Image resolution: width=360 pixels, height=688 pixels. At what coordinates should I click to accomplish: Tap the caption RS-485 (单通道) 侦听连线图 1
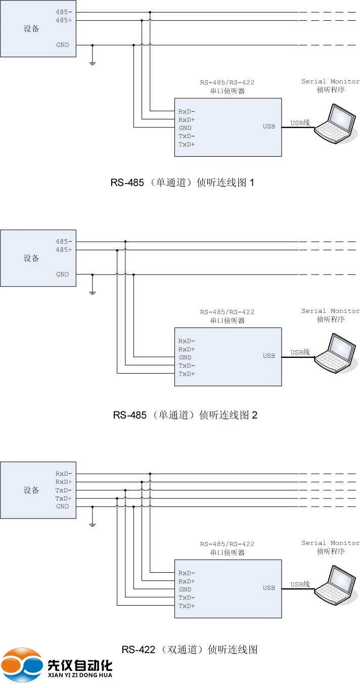(x=182, y=182)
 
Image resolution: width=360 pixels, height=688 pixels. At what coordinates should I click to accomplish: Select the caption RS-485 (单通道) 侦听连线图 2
(x=185, y=415)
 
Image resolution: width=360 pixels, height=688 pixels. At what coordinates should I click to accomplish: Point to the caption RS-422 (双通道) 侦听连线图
(x=190, y=650)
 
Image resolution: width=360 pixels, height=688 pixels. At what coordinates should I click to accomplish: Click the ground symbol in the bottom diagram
(x=93, y=524)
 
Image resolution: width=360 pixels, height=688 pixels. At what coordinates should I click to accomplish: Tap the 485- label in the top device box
(x=64, y=12)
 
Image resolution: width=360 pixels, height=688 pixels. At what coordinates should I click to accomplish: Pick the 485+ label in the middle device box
(x=64, y=250)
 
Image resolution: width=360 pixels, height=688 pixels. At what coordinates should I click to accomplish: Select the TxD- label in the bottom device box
(x=64, y=490)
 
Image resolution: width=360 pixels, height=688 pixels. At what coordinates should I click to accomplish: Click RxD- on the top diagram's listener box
(x=187, y=111)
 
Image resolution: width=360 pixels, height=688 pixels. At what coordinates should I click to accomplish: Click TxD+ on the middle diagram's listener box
(x=187, y=374)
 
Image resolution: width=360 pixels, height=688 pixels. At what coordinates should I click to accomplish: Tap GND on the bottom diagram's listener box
(x=185, y=589)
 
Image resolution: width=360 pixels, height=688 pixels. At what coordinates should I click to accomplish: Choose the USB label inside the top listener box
(x=269, y=126)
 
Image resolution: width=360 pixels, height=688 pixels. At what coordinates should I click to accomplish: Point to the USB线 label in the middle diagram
(x=300, y=352)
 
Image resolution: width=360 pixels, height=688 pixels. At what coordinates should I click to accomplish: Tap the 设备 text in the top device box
(x=31, y=29)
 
